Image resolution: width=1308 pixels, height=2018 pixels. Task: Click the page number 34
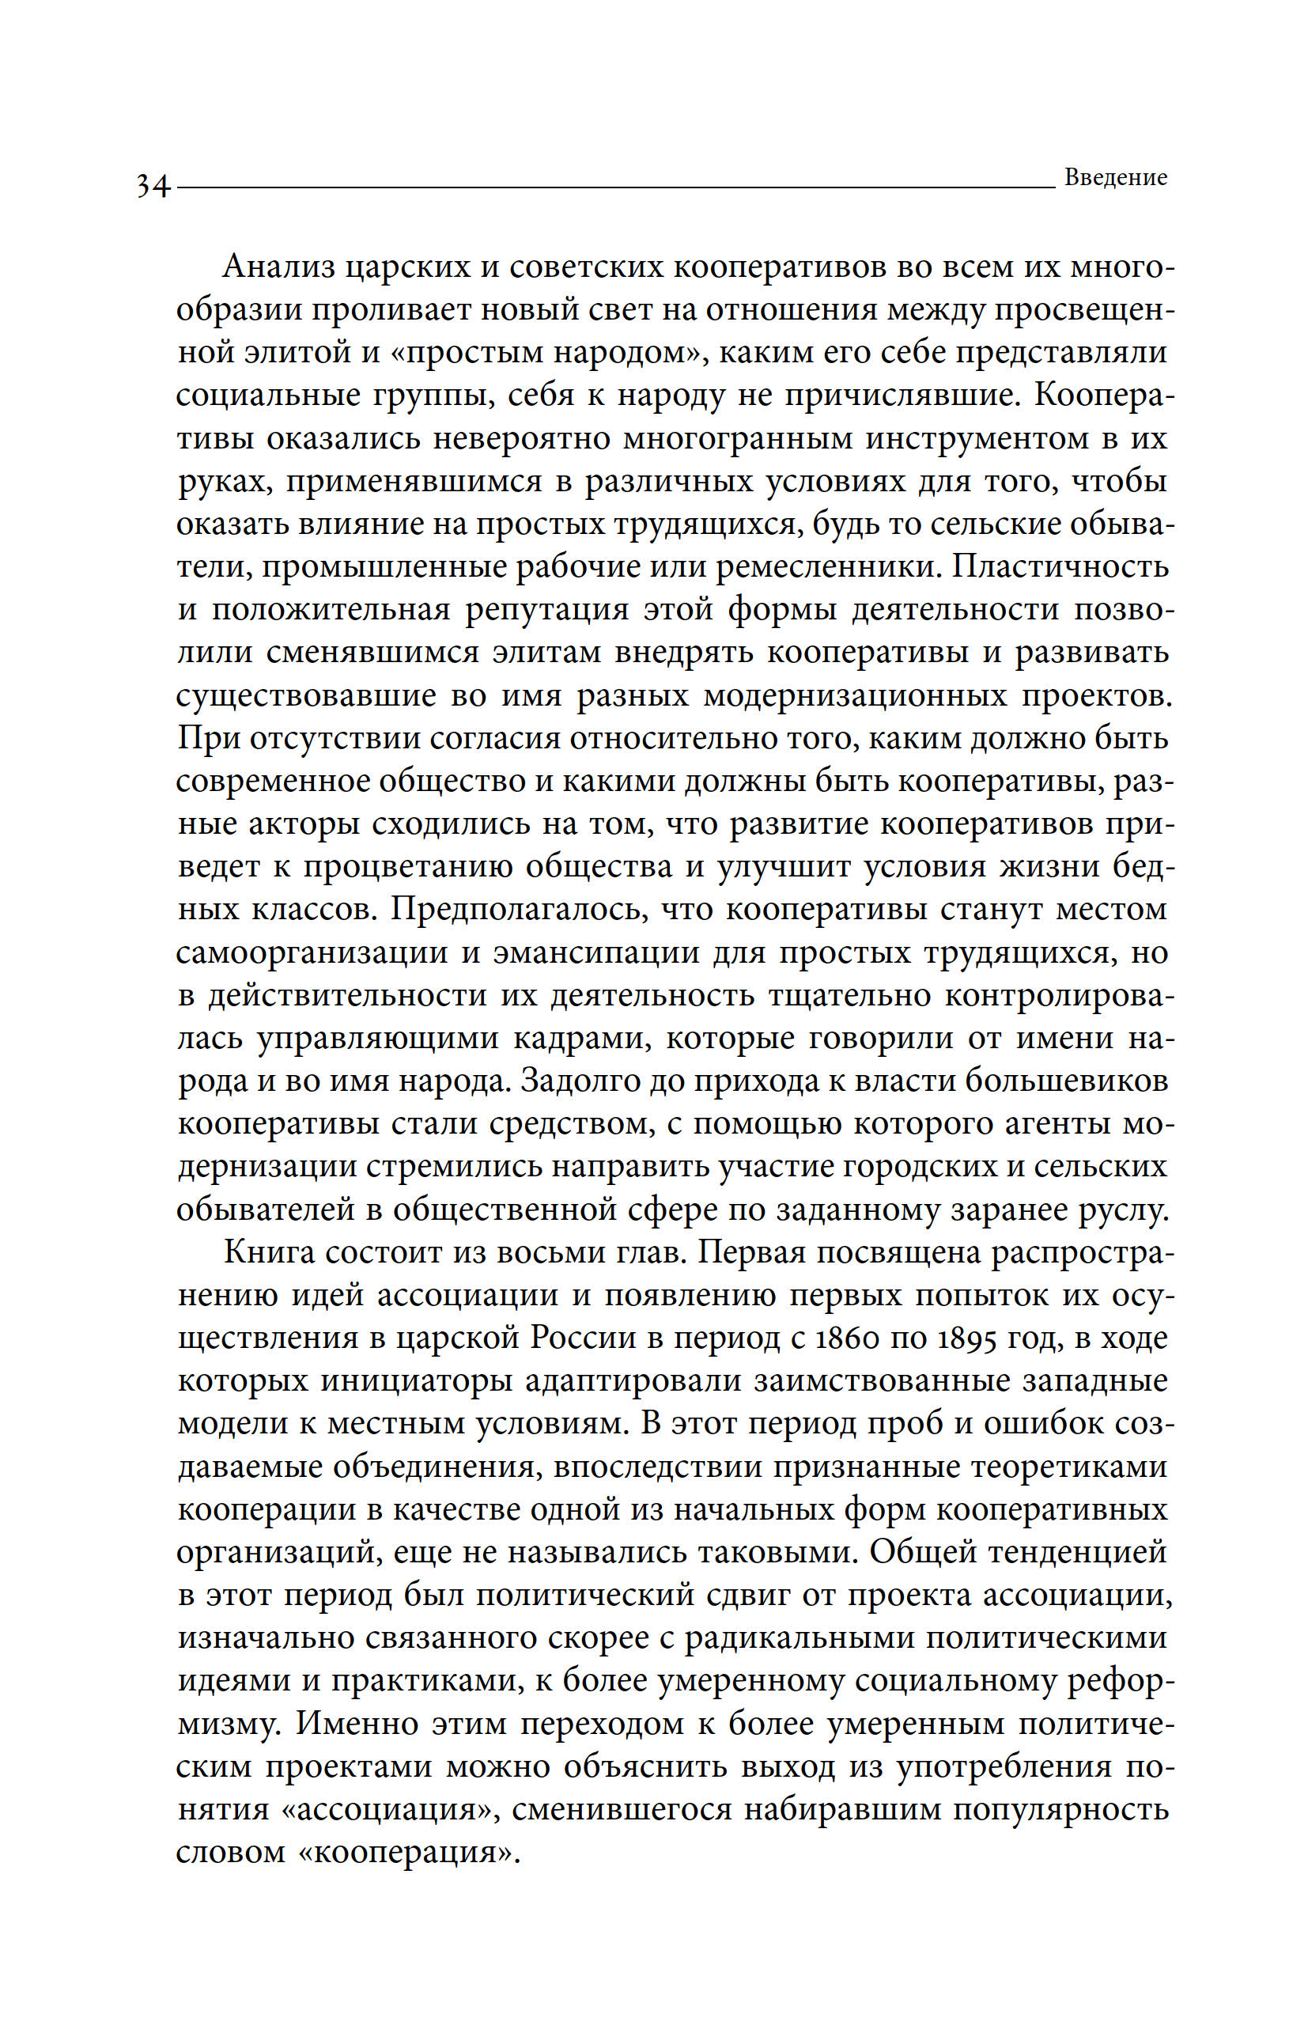pyautogui.click(x=153, y=186)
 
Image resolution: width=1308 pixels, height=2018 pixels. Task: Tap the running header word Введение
pyautogui.click(x=1115, y=178)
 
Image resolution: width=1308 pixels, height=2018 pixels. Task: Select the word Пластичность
pyautogui.click(x=1060, y=566)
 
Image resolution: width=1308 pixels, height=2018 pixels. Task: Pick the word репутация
pyautogui.click(x=546, y=610)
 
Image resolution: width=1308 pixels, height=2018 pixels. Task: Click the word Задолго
pyautogui.click(x=577, y=1081)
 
